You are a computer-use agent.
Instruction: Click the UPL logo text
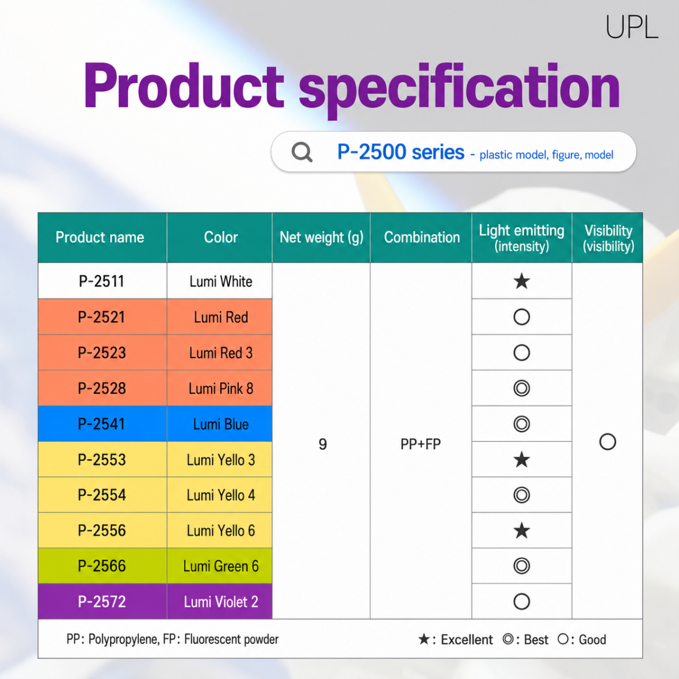pos(632,27)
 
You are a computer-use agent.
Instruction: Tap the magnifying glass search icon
pos(302,152)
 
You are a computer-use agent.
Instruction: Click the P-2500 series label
pos(400,152)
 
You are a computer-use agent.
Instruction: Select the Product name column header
pos(100,237)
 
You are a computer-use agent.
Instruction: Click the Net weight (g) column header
pos(321,237)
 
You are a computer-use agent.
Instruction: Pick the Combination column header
pos(422,237)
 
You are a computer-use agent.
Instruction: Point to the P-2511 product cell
pos(102,281)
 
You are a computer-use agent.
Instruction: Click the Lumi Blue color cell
pos(221,425)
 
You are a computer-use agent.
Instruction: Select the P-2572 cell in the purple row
pos(102,601)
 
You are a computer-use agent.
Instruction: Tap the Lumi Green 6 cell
pos(221,566)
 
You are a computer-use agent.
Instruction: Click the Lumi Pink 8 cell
pos(221,388)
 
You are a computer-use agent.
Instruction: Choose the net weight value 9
pos(323,444)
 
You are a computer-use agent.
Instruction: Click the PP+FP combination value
pos(421,444)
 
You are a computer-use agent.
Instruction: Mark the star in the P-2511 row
pos(522,281)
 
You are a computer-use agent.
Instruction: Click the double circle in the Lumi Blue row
pos(522,424)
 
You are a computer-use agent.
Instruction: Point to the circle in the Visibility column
pos(608,434)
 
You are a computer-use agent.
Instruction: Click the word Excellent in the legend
pos(467,640)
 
